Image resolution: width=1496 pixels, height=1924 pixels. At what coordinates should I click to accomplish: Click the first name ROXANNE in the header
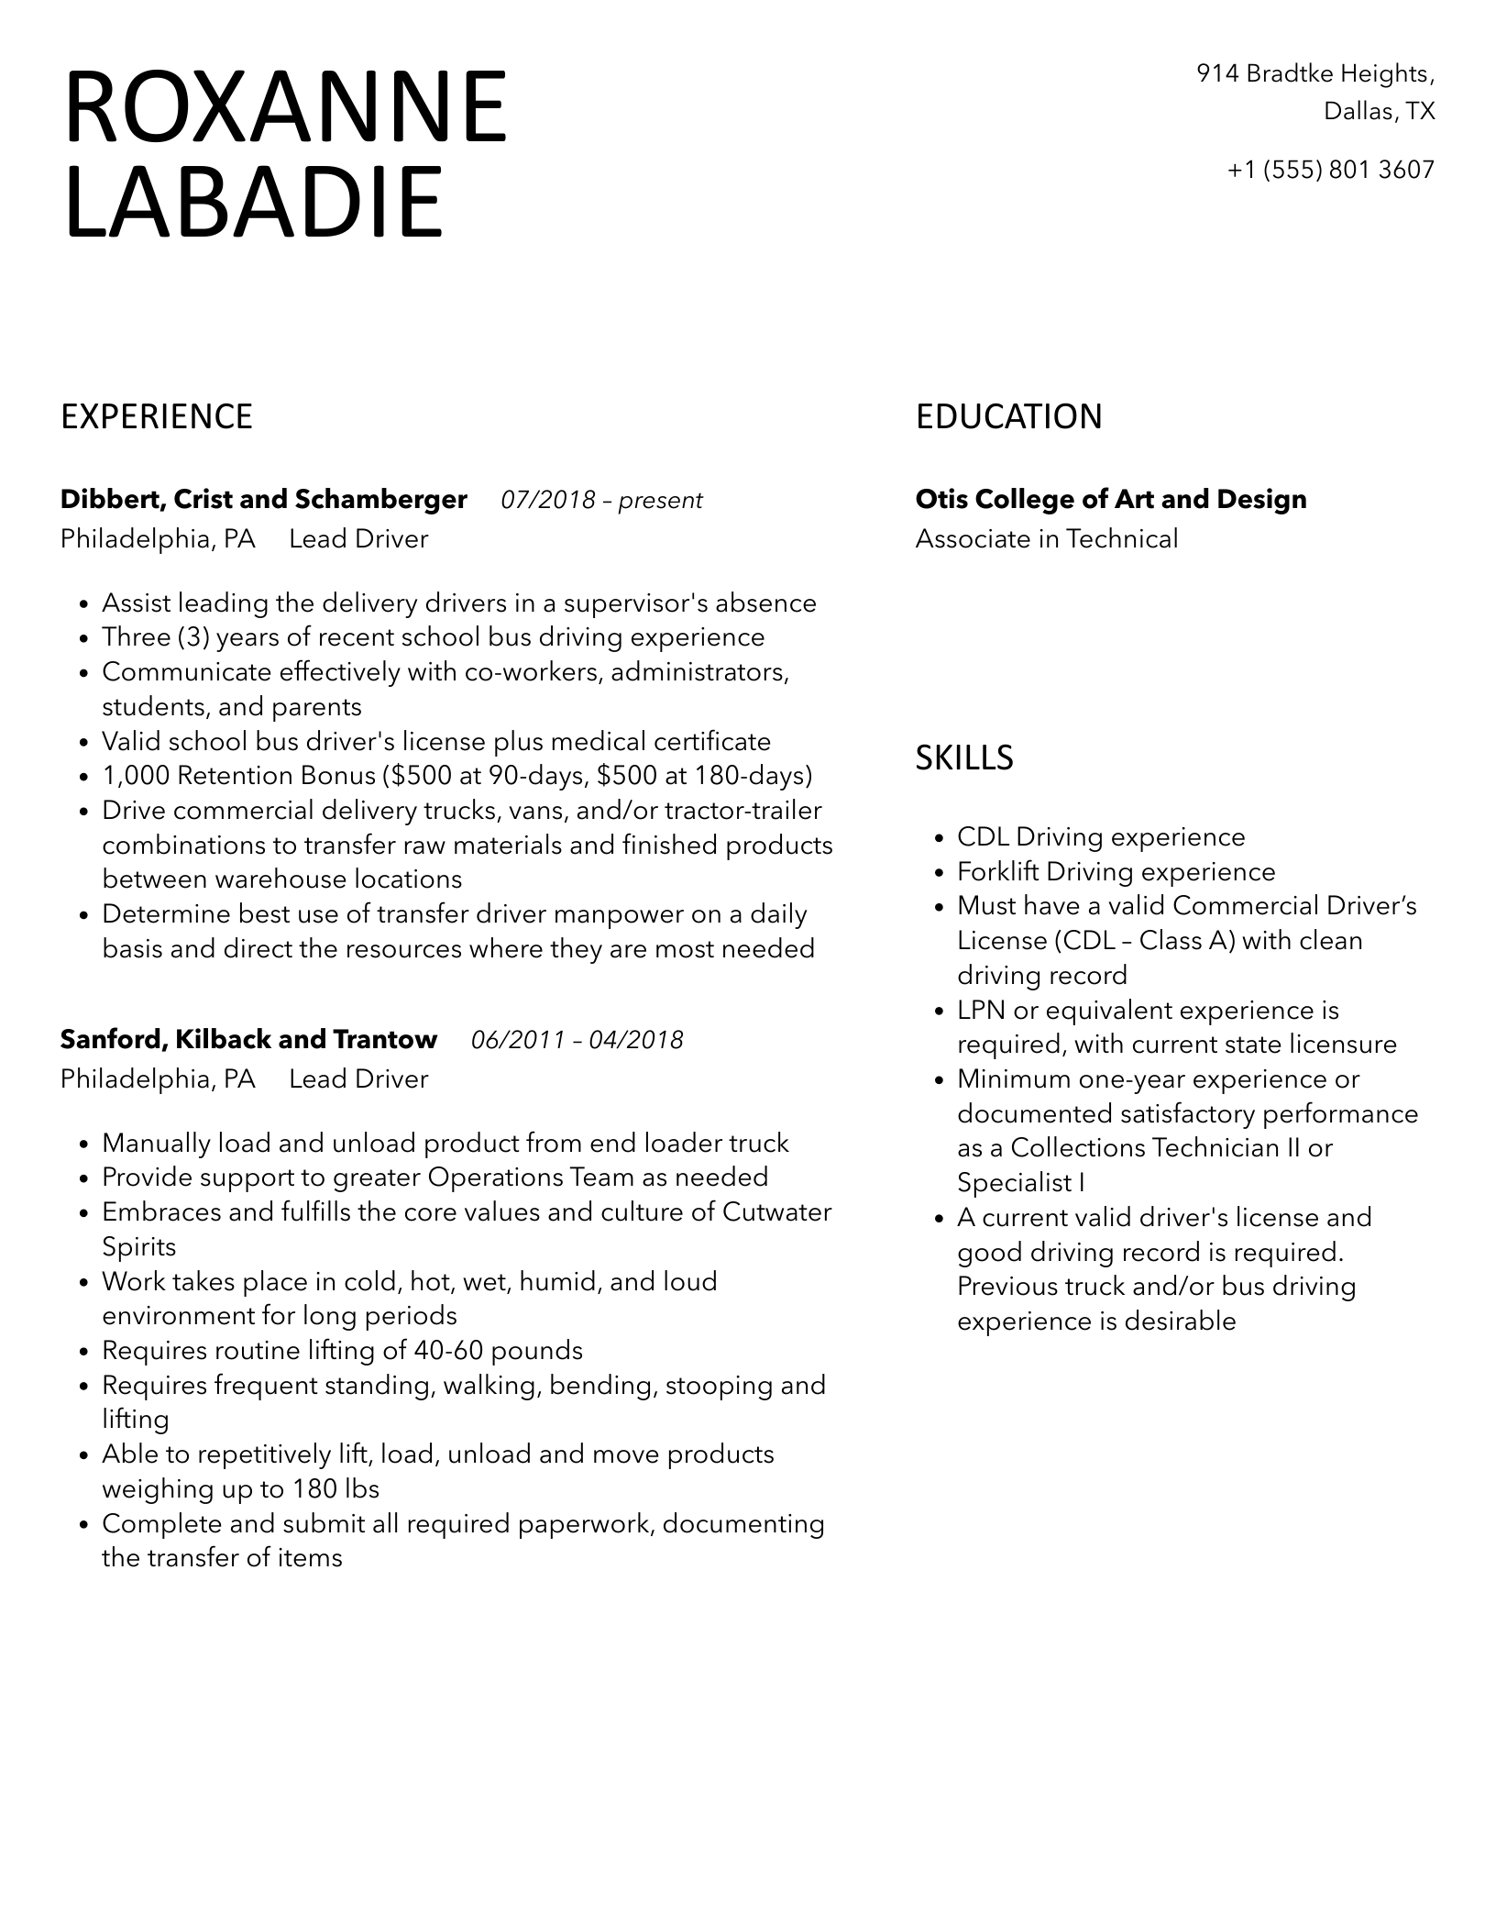coord(285,107)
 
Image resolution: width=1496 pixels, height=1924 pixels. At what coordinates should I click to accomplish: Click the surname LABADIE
coord(254,202)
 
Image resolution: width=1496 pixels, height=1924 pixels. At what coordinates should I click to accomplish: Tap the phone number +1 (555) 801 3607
coord(1331,170)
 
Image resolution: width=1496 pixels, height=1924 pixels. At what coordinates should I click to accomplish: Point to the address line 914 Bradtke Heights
coord(1315,73)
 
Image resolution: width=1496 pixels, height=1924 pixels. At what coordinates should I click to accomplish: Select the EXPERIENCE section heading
coord(157,416)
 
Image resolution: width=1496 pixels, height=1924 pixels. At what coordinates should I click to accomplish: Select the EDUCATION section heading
coord(1008,416)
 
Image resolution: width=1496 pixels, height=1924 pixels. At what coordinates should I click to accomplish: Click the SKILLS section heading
coord(964,757)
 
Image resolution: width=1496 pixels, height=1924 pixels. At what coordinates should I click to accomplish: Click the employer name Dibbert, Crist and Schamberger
coord(264,500)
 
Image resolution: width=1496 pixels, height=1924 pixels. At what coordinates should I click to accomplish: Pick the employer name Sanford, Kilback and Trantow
coord(248,1039)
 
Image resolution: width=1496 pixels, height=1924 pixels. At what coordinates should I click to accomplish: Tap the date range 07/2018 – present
coord(601,500)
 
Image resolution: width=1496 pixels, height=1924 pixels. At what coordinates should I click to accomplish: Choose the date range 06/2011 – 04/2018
coord(577,1040)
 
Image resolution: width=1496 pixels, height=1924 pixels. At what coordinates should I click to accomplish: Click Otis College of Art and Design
coord(1111,500)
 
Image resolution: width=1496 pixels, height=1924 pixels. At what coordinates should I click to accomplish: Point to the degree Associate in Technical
coord(1046,539)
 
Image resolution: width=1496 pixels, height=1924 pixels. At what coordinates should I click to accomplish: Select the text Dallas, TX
coord(1379,112)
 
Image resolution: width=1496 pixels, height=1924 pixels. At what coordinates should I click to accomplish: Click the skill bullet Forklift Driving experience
coord(1116,872)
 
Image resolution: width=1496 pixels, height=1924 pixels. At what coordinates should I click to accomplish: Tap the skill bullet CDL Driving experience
coord(1101,837)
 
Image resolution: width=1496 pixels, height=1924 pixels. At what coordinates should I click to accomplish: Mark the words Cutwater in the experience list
coord(776,1212)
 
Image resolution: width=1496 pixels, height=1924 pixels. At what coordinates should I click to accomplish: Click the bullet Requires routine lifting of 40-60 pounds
coord(342,1351)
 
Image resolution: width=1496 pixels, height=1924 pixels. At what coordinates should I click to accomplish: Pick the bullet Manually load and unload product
coord(445,1144)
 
